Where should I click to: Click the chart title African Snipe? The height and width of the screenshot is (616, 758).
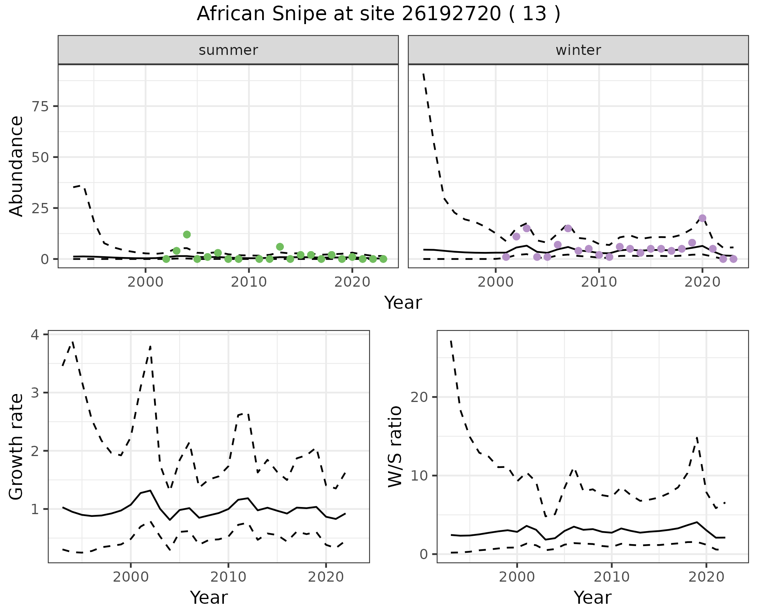point(378,14)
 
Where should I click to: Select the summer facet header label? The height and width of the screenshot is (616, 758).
point(228,50)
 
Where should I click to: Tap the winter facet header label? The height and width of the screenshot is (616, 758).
point(578,50)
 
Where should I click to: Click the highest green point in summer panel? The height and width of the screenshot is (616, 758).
point(187,235)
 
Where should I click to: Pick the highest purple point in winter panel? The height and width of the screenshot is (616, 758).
point(702,218)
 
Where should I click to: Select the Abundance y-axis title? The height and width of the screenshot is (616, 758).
point(17,166)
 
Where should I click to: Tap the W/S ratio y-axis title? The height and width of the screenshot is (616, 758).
point(395,447)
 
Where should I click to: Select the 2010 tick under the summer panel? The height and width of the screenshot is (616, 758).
point(249,282)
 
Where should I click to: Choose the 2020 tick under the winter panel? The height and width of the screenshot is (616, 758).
point(702,282)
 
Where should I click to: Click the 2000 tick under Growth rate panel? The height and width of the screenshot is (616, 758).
point(131,577)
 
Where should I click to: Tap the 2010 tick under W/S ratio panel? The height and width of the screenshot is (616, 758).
point(612,577)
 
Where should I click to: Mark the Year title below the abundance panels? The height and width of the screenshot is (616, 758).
point(403,303)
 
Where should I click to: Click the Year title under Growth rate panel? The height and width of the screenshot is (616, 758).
point(208,597)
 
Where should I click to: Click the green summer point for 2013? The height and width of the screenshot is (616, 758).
point(280,247)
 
